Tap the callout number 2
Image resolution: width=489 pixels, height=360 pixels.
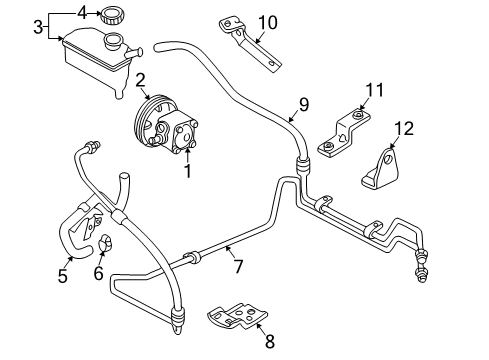(141, 80)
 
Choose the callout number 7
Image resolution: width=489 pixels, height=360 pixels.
(237, 265)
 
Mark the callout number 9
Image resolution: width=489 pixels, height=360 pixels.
(305, 103)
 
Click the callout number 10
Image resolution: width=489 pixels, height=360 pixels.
(266, 21)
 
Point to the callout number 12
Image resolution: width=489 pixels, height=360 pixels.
(403, 127)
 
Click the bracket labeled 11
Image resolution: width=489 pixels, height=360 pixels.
(342, 130)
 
